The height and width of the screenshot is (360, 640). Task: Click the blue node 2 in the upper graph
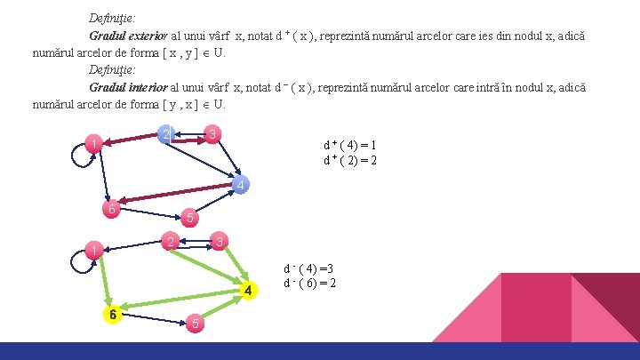[164, 134]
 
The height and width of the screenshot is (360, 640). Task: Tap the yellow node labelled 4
[250, 291]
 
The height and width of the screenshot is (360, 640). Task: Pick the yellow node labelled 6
[110, 315]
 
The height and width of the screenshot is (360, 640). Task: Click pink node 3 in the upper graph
[212, 134]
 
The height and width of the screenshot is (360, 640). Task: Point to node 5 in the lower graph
[195, 324]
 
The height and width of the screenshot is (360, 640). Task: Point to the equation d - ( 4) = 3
[309, 268]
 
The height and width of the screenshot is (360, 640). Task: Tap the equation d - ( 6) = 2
[309, 284]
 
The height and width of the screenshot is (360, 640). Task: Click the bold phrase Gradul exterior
[128, 36]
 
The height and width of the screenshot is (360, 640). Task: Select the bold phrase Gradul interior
[127, 87]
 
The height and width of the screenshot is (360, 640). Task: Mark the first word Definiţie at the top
[112, 18]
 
